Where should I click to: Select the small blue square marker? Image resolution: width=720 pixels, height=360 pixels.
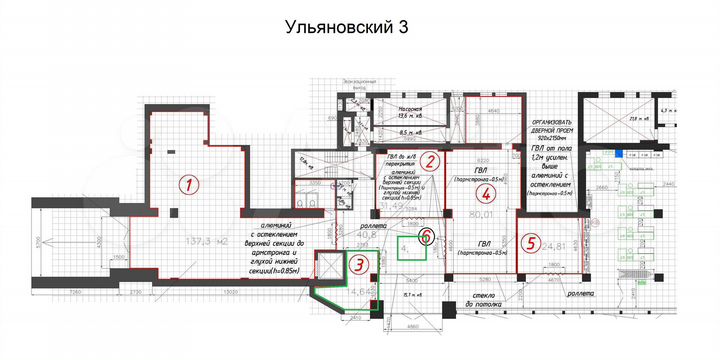[620, 154]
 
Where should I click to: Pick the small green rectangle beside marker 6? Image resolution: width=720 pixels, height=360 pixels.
[409, 246]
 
